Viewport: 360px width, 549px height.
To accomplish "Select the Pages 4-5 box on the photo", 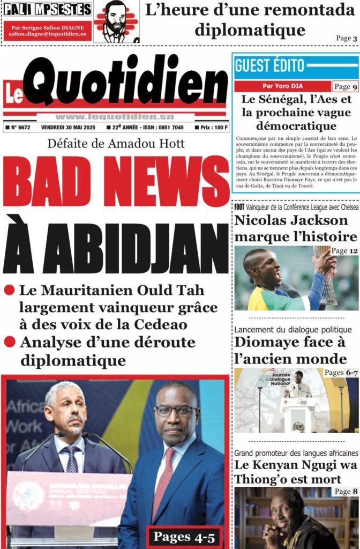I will (x=184, y=537).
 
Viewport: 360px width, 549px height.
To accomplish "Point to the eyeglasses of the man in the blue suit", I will (x=175, y=411).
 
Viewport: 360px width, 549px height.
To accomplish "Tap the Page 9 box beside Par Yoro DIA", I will (x=345, y=86).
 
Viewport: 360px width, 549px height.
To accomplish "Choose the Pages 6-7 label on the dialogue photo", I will (x=341, y=373).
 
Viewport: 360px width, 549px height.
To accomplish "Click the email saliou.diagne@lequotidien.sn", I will (x=47, y=33).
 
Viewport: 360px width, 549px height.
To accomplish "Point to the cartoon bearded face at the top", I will (x=115, y=20).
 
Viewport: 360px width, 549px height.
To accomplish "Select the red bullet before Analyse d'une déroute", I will (x=9, y=342).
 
